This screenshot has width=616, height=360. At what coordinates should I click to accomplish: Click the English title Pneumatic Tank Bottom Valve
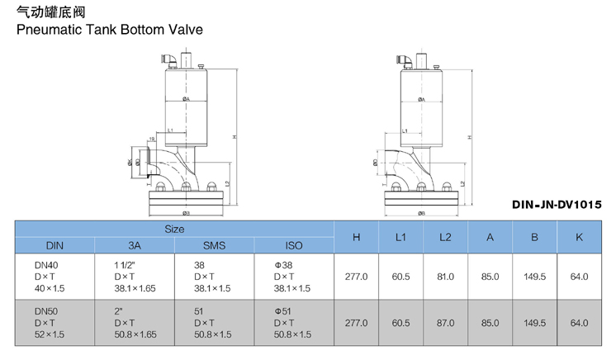[x=104, y=29]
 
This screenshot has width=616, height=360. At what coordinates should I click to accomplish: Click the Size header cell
[x=174, y=228]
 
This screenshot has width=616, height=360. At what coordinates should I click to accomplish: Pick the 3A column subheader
[x=134, y=245]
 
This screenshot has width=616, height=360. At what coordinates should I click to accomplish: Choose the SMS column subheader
[x=213, y=245]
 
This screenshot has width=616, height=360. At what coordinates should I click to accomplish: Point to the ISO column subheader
[x=293, y=245]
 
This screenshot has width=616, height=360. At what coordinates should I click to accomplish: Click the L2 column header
[x=445, y=237]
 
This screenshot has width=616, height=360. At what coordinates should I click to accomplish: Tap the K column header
[x=579, y=237]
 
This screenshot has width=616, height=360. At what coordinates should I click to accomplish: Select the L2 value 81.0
[x=445, y=277]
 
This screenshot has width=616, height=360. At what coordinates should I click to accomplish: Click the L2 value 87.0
[x=445, y=323]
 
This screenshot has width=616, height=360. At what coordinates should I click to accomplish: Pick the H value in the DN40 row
[x=356, y=277]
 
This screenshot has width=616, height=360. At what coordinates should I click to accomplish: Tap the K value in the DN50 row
[x=579, y=323]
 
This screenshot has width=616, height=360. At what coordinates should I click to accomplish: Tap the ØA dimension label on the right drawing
[x=421, y=99]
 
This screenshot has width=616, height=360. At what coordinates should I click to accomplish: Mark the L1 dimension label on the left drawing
[x=169, y=130]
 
